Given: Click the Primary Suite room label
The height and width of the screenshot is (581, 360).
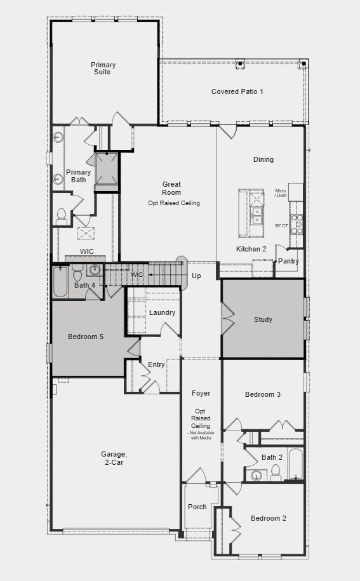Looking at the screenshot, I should coord(103,69).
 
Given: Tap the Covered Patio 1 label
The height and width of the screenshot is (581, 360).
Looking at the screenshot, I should coord(237,91).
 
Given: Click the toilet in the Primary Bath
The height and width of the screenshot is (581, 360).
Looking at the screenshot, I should coord(62,216).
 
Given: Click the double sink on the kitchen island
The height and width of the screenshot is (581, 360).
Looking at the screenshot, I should coord(257,216).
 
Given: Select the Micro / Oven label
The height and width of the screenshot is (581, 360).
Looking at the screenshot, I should coord(281,193).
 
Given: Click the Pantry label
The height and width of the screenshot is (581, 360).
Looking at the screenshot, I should coord(288,261).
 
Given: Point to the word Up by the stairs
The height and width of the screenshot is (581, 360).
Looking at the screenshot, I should coord(196,276).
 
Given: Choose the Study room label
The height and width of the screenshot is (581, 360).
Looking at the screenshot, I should coord(263,319).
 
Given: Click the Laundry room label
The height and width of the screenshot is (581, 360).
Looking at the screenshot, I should coord(162,312).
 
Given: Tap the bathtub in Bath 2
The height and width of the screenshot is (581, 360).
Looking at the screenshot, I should coord(296,464).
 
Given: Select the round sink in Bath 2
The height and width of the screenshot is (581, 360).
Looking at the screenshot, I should coord(257,475).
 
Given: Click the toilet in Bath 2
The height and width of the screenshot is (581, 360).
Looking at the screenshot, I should coord(276,471).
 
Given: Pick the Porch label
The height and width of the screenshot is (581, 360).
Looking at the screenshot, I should coord(197,507).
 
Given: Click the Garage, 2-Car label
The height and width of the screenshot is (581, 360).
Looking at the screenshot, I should coord(114,458).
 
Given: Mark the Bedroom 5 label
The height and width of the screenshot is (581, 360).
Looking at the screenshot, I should coord(86,337).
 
